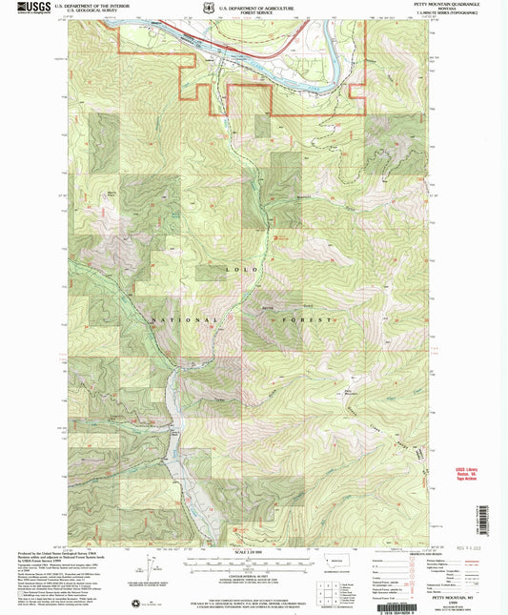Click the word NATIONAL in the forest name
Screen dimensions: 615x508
(191, 318)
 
